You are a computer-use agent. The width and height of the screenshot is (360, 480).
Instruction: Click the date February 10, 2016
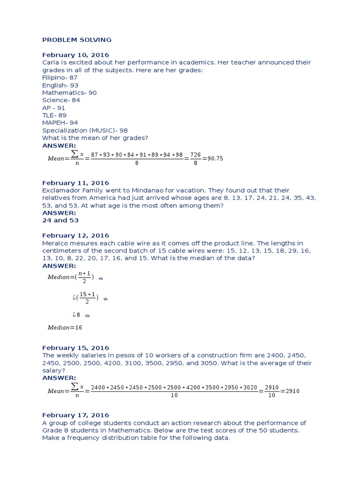75,55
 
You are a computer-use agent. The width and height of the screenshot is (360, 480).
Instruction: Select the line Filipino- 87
60,78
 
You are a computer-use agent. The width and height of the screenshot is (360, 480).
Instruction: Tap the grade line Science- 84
61,100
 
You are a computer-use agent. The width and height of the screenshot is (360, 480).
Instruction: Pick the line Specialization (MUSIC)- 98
85,130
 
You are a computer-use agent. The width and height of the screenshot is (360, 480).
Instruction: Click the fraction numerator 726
193,155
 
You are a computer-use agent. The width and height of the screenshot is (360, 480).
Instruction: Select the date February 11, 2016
75,183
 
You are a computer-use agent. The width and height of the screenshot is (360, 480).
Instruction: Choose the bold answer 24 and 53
60,220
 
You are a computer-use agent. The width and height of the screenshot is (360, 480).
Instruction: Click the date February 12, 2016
75,235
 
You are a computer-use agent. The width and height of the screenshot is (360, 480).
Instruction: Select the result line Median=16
65,328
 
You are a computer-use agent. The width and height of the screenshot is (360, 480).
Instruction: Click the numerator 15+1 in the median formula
87,294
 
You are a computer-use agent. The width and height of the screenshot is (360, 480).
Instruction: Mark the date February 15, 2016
75,348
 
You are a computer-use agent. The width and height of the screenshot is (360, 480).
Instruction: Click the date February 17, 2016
75,415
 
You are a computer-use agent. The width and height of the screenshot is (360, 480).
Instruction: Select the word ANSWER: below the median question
59,266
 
